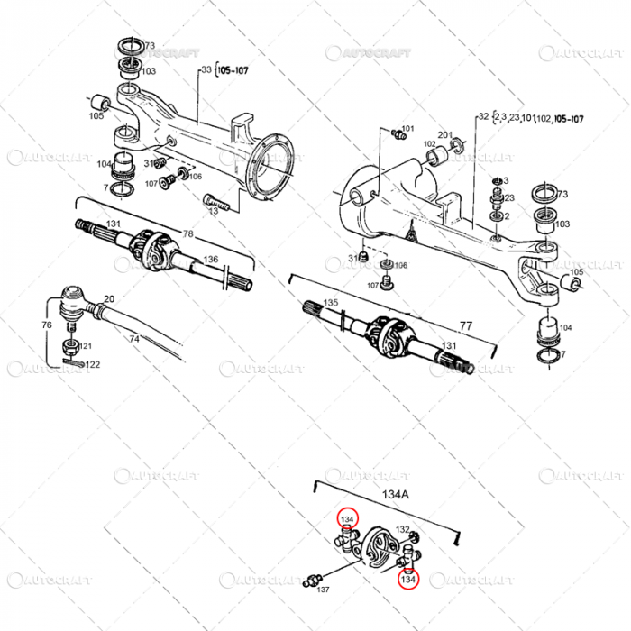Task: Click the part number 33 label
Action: click(206, 69)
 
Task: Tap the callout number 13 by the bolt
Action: click(214, 210)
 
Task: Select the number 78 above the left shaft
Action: click(188, 234)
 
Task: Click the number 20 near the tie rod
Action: click(109, 299)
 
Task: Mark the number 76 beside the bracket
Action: click(46, 325)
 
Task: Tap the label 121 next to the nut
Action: click(87, 346)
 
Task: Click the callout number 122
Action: click(93, 364)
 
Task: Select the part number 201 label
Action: click(444, 133)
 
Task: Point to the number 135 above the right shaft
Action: click(331, 303)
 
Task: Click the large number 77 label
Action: click(466, 325)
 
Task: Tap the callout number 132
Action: click(403, 530)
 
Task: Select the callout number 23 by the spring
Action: click(509, 198)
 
